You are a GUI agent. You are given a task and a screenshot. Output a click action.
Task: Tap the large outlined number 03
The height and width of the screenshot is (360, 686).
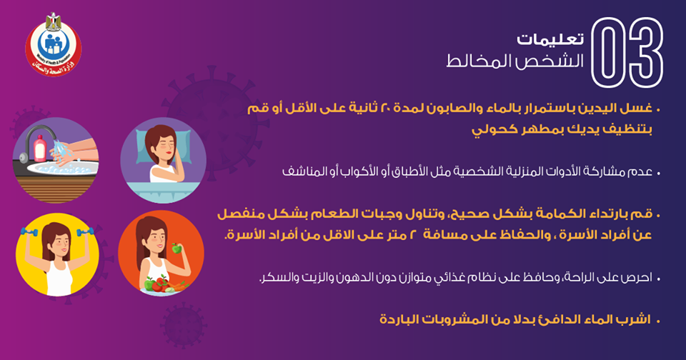[627, 52]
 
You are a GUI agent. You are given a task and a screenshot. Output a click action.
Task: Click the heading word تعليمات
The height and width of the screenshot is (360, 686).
[550, 39]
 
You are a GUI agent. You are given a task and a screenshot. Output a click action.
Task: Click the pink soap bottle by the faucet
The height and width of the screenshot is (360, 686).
[40, 148]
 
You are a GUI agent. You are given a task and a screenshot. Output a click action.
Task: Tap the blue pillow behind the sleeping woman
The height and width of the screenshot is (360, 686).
[163, 143]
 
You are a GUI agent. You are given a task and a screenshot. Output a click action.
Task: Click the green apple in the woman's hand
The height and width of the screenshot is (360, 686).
[177, 248]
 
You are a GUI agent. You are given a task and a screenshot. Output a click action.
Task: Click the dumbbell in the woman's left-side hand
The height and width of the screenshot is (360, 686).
[30, 232]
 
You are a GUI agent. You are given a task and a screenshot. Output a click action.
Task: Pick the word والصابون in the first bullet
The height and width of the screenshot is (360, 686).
[451, 109]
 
